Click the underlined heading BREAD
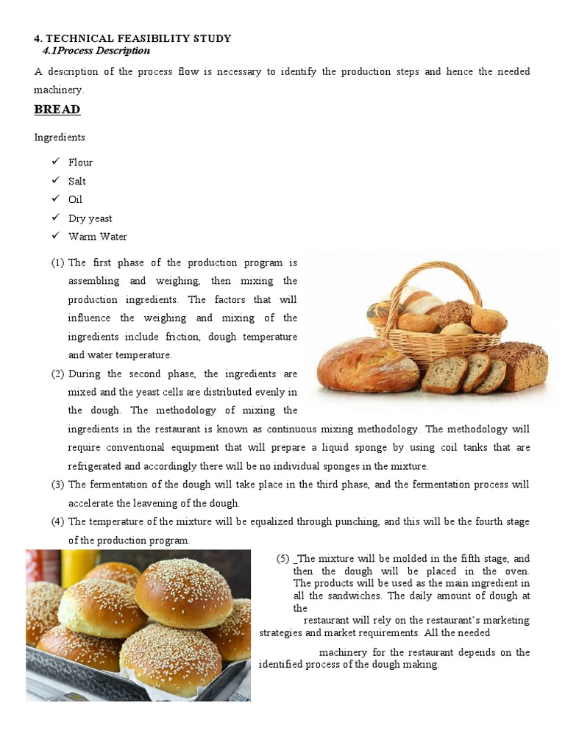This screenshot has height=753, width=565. [x=57, y=110]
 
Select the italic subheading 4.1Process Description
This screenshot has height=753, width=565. [x=96, y=51]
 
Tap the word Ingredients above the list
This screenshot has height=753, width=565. [x=60, y=138]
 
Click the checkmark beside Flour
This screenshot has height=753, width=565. [x=55, y=162]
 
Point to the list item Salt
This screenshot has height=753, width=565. [x=77, y=181]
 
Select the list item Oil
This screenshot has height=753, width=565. [x=75, y=199]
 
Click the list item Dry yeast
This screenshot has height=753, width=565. [x=90, y=218]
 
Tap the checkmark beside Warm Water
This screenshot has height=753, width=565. [x=55, y=236]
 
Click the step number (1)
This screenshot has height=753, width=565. [x=57, y=263]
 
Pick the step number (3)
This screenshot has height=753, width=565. [x=57, y=485]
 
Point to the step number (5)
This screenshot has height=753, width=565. [x=282, y=559]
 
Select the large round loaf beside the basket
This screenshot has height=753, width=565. [x=367, y=365]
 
